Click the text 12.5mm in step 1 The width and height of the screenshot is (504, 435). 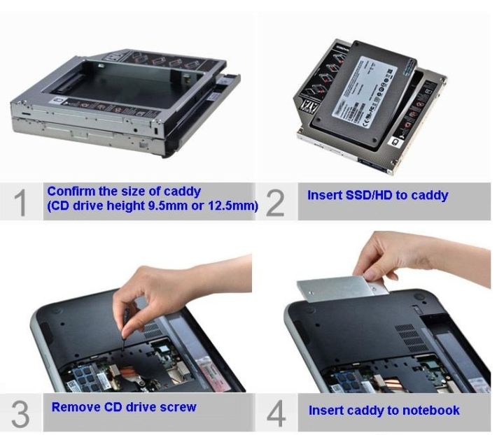[x=233, y=207]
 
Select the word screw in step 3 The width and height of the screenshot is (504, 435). [x=178, y=407]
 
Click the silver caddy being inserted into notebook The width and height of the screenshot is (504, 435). [x=336, y=287]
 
